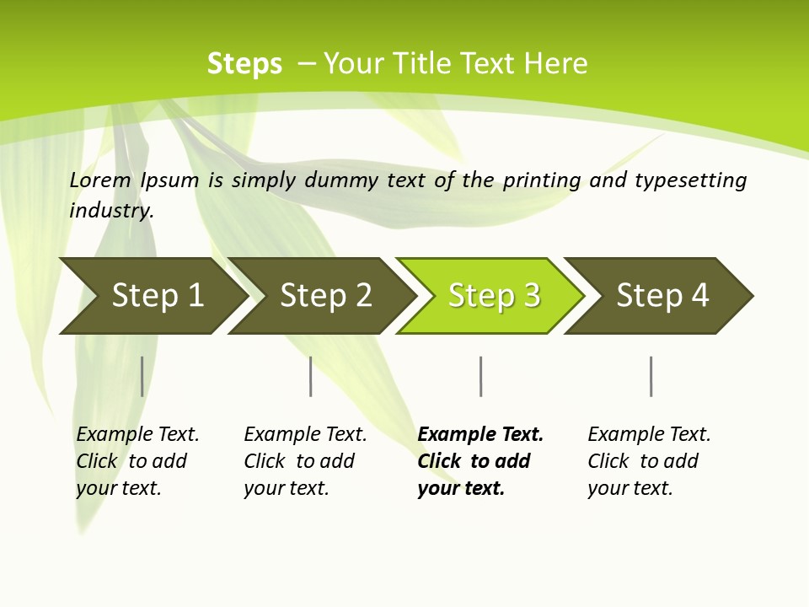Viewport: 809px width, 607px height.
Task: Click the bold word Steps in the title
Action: coord(244,64)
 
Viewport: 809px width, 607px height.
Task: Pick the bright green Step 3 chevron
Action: coord(494,296)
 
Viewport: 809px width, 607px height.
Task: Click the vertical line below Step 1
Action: coord(142,376)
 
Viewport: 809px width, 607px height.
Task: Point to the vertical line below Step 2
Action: coord(311,376)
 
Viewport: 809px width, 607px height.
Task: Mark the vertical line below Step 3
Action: coord(480,376)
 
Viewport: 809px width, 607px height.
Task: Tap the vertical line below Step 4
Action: coord(651,376)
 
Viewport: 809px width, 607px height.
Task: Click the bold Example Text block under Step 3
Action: coord(480,461)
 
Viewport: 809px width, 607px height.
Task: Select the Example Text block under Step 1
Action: coord(137,461)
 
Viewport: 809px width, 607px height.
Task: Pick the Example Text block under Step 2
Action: coord(305,461)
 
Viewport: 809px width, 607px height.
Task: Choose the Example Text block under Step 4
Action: coord(649,461)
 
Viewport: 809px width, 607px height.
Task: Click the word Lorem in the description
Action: coord(100,180)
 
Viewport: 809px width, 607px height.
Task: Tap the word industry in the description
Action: coord(111,211)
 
